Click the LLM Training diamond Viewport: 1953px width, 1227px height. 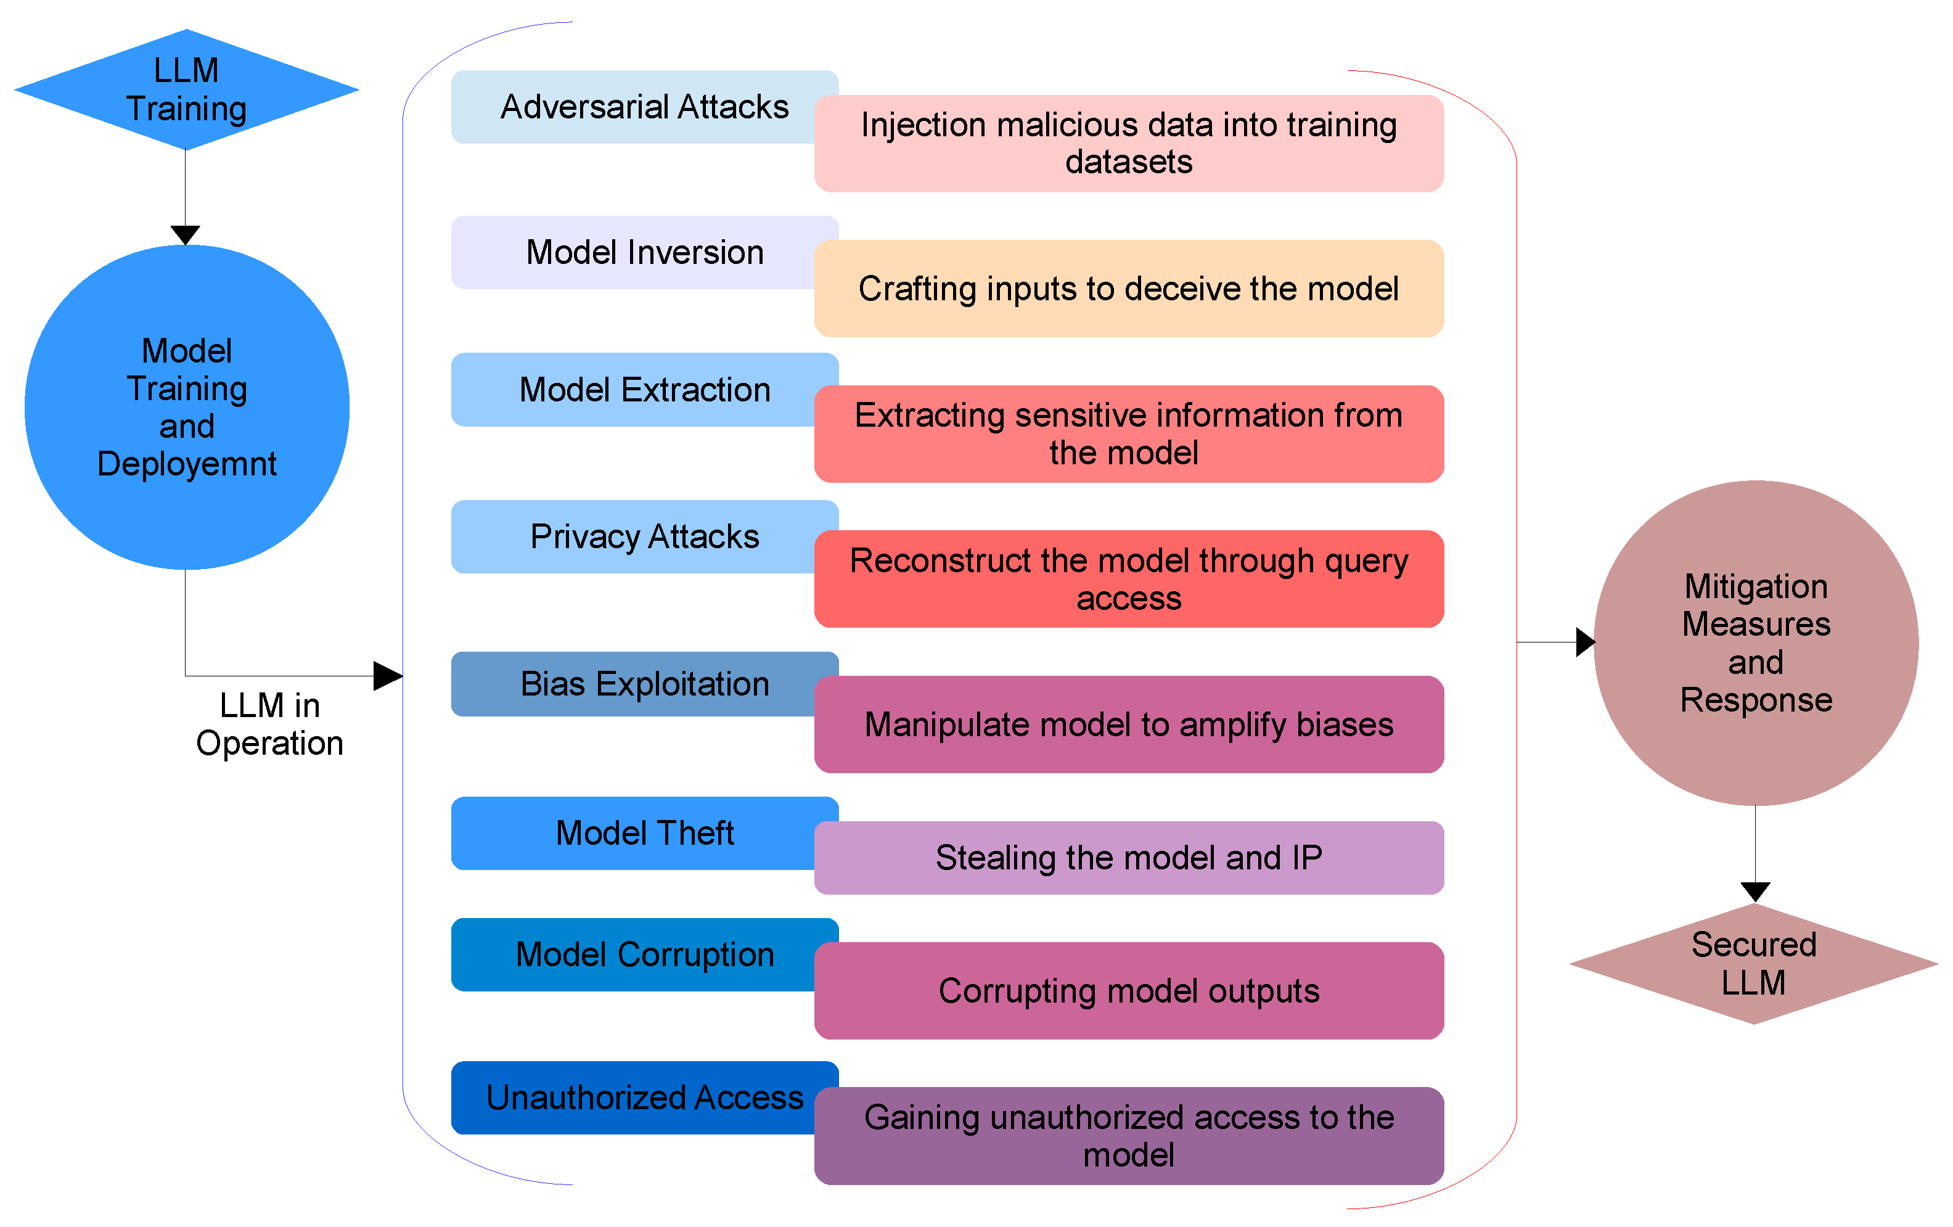coord(187,89)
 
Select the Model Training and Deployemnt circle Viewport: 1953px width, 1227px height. coord(187,407)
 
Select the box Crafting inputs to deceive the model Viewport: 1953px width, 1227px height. coord(1128,289)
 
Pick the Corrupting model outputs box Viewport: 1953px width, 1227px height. coord(1128,991)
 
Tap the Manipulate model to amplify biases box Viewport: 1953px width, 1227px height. coord(1128,724)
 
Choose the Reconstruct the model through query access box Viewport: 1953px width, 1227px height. coord(1128,579)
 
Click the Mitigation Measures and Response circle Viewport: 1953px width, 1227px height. coord(1755,642)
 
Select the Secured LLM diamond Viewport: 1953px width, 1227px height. coord(1753,964)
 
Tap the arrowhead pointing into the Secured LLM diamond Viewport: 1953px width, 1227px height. coord(1755,891)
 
